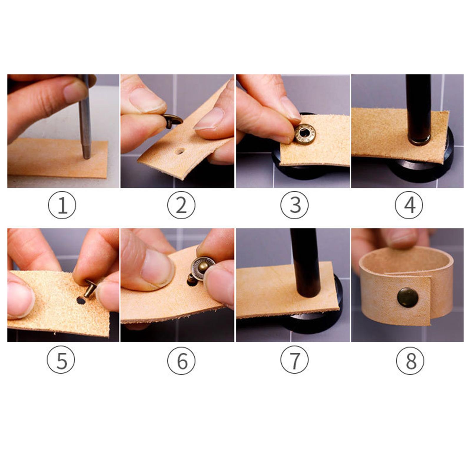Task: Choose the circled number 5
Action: pyautogui.click(x=61, y=360)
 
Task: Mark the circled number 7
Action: pyautogui.click(x=294, y=360)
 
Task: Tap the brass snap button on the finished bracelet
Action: pyautogui.click(x=408, y=297)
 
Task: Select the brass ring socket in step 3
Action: pyautogui.click(x=306, y=134)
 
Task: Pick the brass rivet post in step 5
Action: pyautogui.click(x=90, y=288)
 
